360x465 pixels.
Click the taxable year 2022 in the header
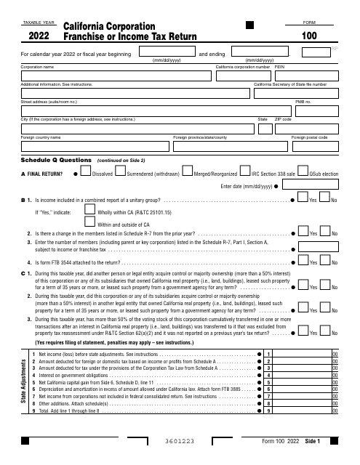pyautogui.click(x=39, y=34)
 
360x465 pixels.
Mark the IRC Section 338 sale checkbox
pyautogui.click(x=247, y=172)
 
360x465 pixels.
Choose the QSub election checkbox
pyautogui.click(x=304, y=172)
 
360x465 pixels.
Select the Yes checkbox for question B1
pyautogui.click(x=303, y=198)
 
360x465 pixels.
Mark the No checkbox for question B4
pyautogui.click(x=325, y=261)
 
